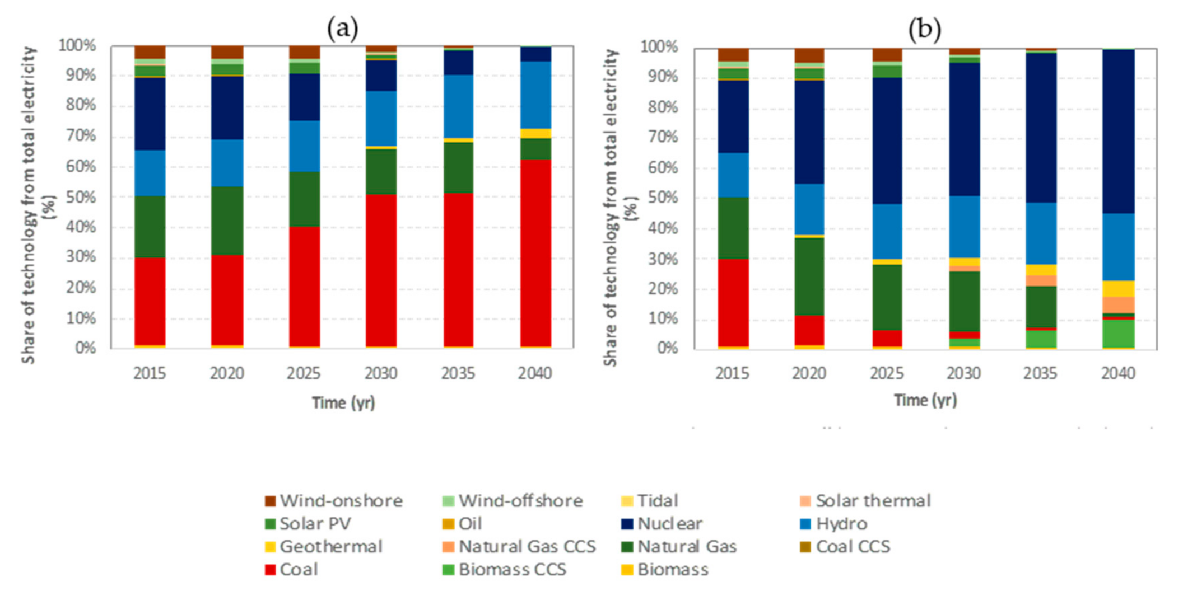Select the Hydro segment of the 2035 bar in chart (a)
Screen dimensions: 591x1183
pos(458,106)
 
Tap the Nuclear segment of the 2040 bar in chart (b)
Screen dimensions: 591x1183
pos(1118,132)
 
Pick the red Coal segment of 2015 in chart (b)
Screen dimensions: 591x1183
pos(733,303)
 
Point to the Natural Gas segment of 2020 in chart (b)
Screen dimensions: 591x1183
pos(809,276)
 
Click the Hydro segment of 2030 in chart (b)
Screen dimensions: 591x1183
pos(964,227)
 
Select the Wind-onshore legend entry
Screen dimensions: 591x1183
pos(334,500)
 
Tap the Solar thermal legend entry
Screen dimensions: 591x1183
pos(865,500)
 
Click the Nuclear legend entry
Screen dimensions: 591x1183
pos(662,523)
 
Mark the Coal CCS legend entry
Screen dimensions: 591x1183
pos(845,546)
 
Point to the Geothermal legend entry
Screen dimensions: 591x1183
pos(324,546)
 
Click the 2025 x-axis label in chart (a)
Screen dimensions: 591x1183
pos(304,373)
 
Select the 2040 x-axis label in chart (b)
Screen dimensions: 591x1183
pos(1118,373)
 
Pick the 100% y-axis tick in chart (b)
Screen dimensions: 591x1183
pos(659,46)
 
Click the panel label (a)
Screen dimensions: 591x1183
pos(342,27)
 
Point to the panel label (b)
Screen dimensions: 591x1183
pos(925,28)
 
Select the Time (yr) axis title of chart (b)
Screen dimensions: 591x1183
pos(925,400)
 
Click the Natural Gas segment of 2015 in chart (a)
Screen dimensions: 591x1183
pos(150,226)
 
